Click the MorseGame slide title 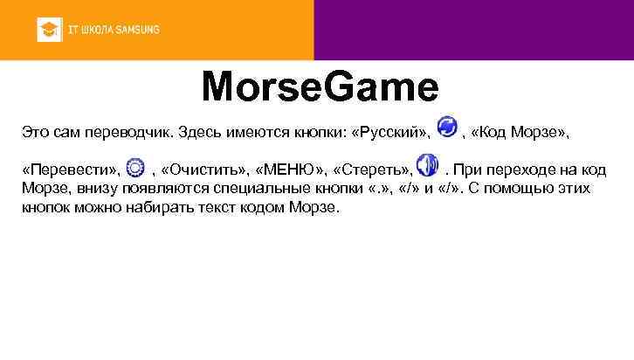[320, 87]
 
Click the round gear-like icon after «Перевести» [135, 168]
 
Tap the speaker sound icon [426, 166]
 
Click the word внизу [89, 190]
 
